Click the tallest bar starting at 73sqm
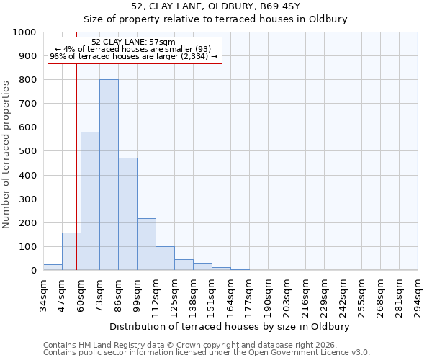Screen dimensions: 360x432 coord(109,175)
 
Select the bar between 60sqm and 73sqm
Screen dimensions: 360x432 coord(90,201)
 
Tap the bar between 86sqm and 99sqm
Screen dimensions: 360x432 coord(127,214)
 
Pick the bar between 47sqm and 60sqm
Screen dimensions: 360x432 coord(71,251)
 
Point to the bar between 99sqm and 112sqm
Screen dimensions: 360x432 coord(146,244)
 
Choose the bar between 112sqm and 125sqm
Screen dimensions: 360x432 coord(165,258)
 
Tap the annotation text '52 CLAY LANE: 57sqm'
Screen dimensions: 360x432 coord(134,42)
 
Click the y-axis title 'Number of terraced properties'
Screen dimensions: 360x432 coord(6,154)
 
